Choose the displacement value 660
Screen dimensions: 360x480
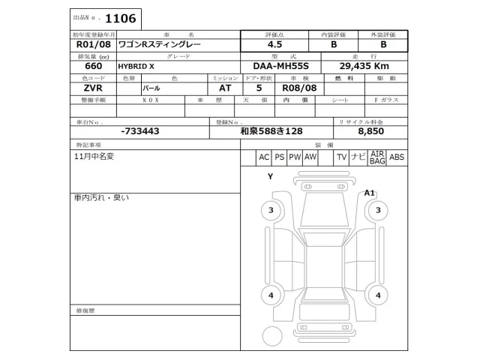pos(83,66)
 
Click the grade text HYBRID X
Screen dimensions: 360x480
pos(136,66)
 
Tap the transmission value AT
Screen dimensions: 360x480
pos(215,88)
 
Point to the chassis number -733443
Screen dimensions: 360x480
pos(139,130)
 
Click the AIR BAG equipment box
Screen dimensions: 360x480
pos(377,157)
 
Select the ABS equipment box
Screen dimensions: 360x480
pos(397,157)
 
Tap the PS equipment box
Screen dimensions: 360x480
pos(280,157)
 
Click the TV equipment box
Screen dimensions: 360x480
pos(340,157)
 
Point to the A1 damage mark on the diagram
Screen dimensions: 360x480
pos(370,193)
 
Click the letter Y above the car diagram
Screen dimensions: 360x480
pos(270,176)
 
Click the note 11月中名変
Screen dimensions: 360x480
pos(97,157)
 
